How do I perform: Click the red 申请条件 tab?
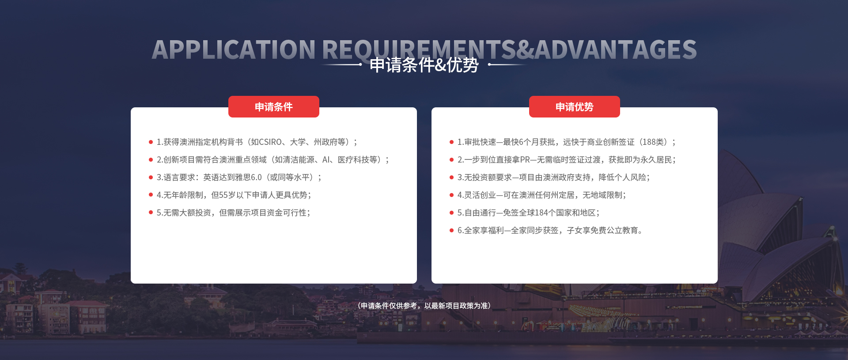point(274,106)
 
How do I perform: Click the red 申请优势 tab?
point(575,106)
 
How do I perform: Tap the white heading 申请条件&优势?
point(424,65)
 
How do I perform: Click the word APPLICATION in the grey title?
point(234,49)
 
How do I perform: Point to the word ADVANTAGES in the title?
point(616,49)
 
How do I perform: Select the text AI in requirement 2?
point(326,159)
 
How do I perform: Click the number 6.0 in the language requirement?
point(257,177)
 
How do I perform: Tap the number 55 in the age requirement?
point(223,195)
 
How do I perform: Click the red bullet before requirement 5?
point(151,212)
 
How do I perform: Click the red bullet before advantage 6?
point(451,230)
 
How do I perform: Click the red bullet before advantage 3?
point(451,177)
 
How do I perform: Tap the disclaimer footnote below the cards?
point(424,306)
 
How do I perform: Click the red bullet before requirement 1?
point(151,142)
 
